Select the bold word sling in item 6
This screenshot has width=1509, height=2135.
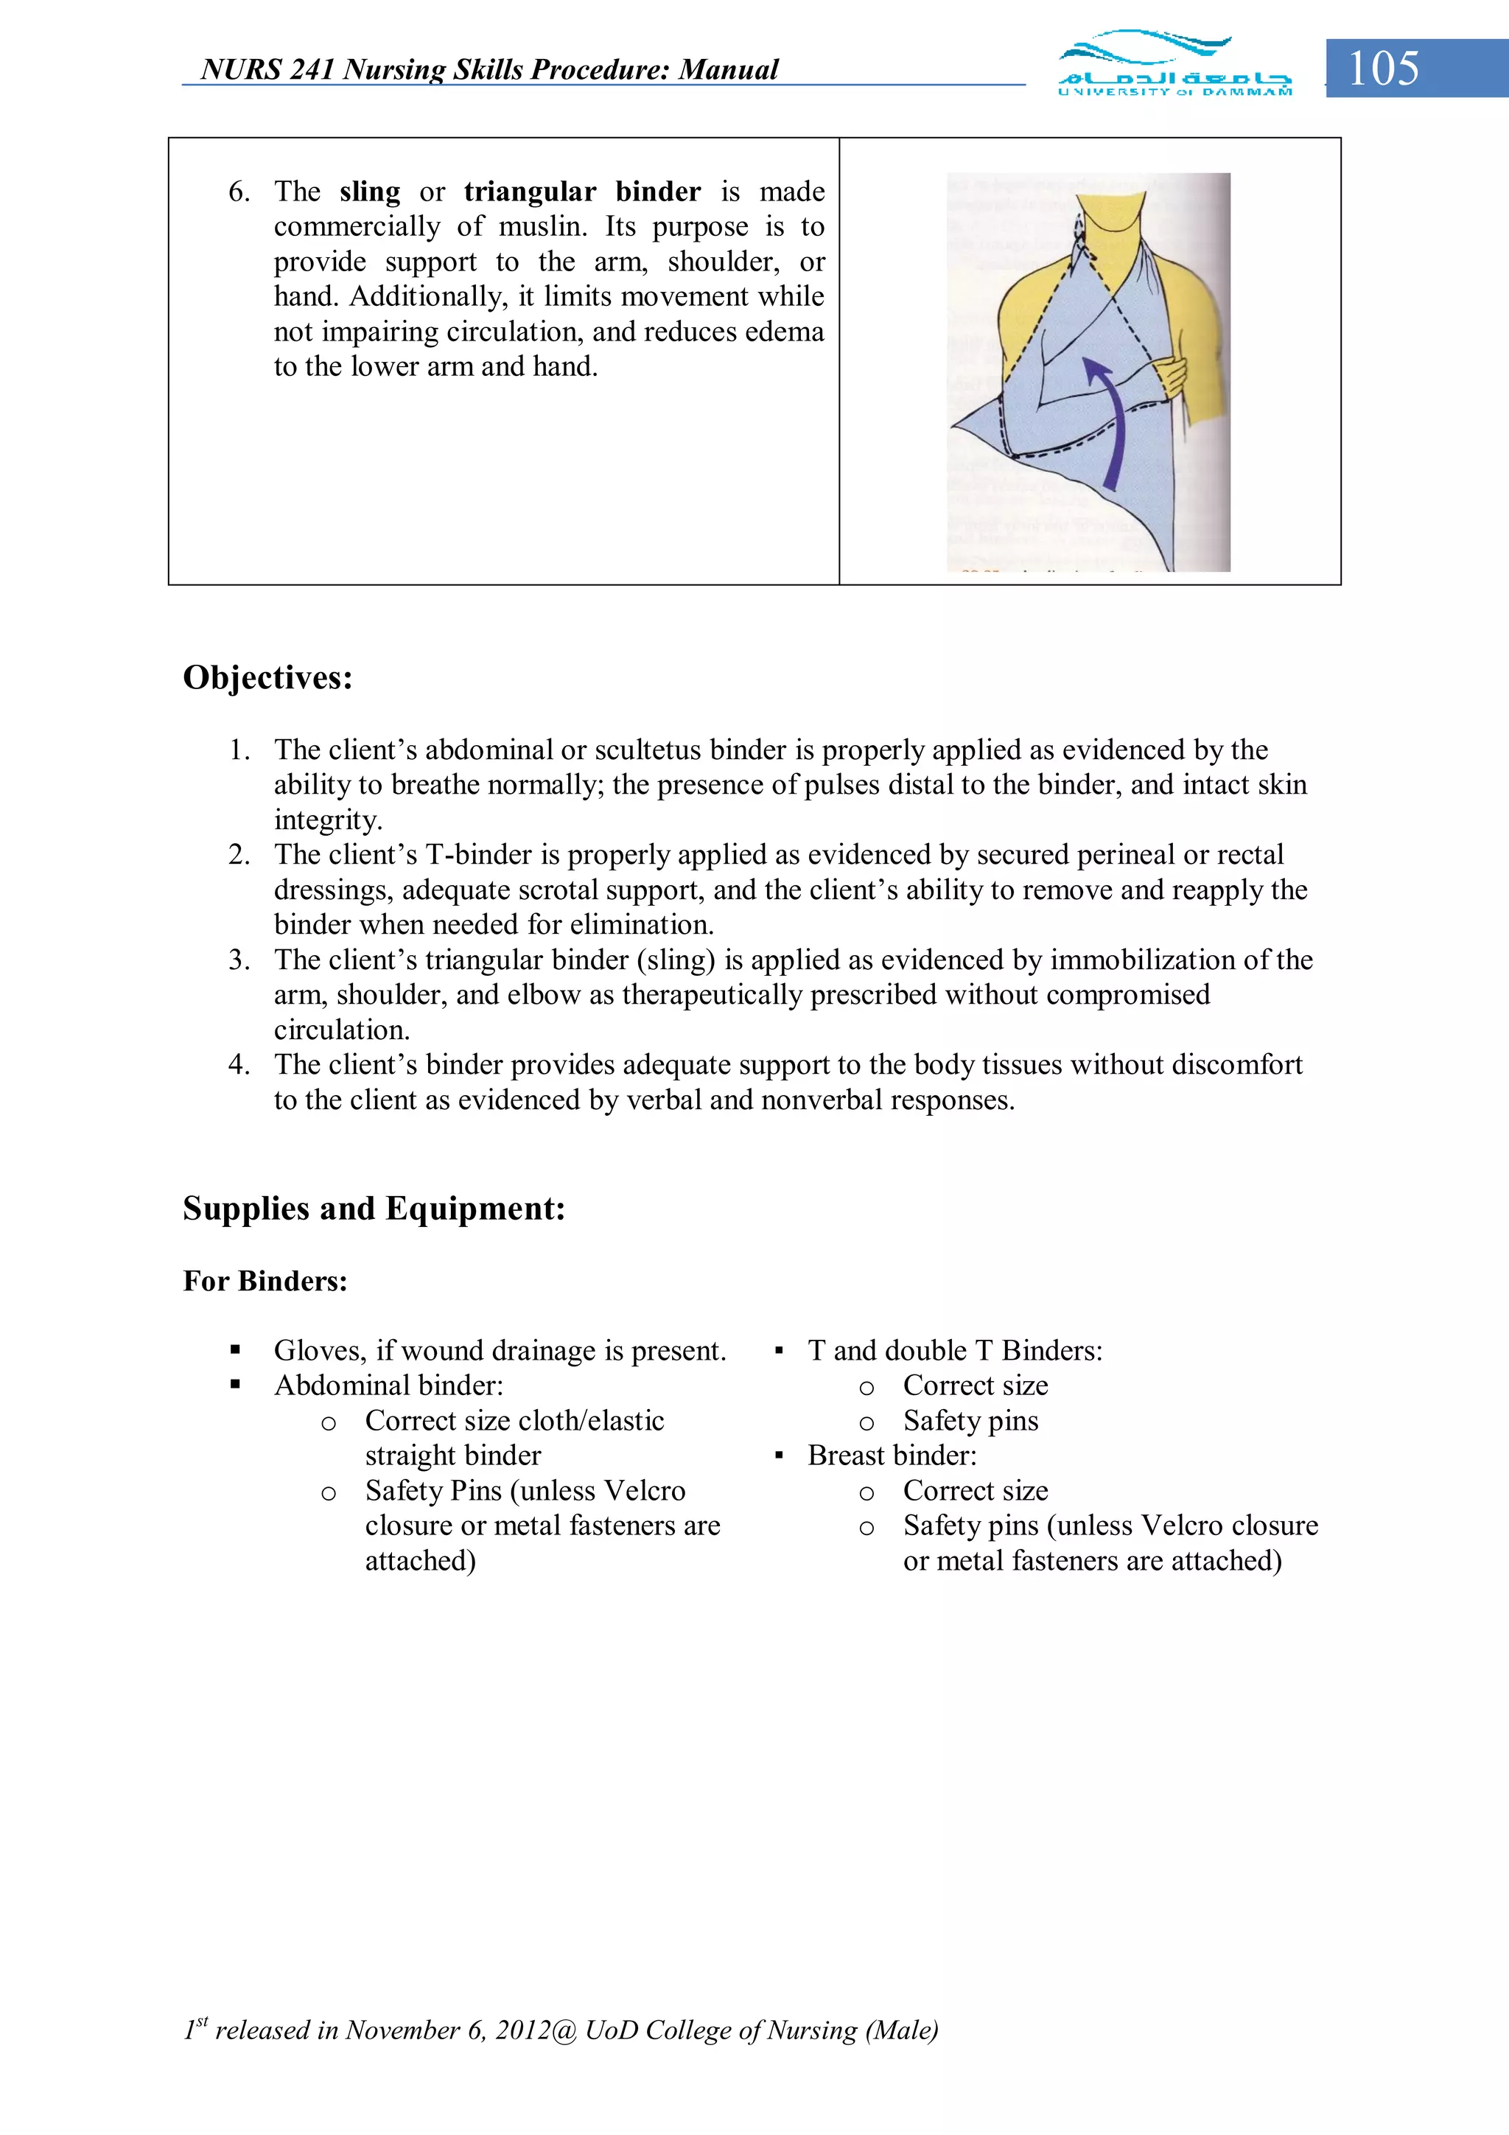(x=369, y=192)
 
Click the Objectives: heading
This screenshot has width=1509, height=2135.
(x=267, y=677)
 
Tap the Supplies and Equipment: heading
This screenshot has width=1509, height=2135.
(x=374, y=1208)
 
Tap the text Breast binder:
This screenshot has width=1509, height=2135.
(x=892, y=1456)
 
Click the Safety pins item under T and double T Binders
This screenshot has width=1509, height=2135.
(x=970, y=1421)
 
